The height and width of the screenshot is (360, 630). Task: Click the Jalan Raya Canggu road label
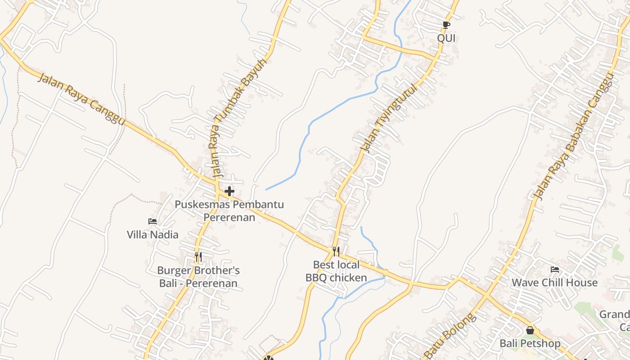(81, 99)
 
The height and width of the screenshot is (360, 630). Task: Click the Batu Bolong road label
(450, 335)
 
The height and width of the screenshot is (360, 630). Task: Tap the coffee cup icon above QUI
(446, 25)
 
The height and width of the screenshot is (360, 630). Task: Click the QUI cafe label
(446, 38)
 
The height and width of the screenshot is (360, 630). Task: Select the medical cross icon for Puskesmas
(229, 191)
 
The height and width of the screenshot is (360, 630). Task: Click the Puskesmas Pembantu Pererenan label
(229, 211)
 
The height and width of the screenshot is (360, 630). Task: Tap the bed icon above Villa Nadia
(153, 221)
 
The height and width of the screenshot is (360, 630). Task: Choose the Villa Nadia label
(153, 234)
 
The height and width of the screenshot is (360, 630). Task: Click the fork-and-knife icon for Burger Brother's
(198, 256)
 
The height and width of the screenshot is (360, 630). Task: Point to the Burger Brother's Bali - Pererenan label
(198, 277)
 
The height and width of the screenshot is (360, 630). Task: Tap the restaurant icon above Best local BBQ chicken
(336, 251)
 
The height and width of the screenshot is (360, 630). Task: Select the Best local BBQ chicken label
(336, 271)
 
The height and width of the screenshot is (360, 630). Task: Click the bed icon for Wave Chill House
(555, 270)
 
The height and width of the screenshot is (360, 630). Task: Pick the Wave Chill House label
(555, 283)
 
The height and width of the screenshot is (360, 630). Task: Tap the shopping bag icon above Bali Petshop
(530, 331)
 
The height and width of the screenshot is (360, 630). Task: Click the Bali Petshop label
(530, 344)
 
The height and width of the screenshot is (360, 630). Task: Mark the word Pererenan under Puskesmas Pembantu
(229, 217)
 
